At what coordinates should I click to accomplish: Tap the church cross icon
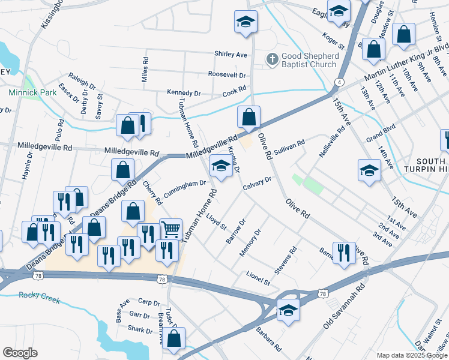(x=272, y=59)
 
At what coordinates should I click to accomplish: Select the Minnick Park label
(x=32, y=93)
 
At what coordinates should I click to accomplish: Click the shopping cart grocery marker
(x=170, y=229)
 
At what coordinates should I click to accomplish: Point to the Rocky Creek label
(x=36, y=295)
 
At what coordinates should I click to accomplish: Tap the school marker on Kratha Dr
(x=220, y=166)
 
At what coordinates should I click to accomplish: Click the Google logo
(x=20, y=353)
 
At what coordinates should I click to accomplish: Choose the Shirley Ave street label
(x=231, y=54)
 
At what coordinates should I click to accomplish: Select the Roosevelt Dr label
(x=227, y=75)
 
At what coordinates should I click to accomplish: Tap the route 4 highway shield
(x=340, y=82)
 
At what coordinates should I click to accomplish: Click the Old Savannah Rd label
(x=345, y=306)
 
